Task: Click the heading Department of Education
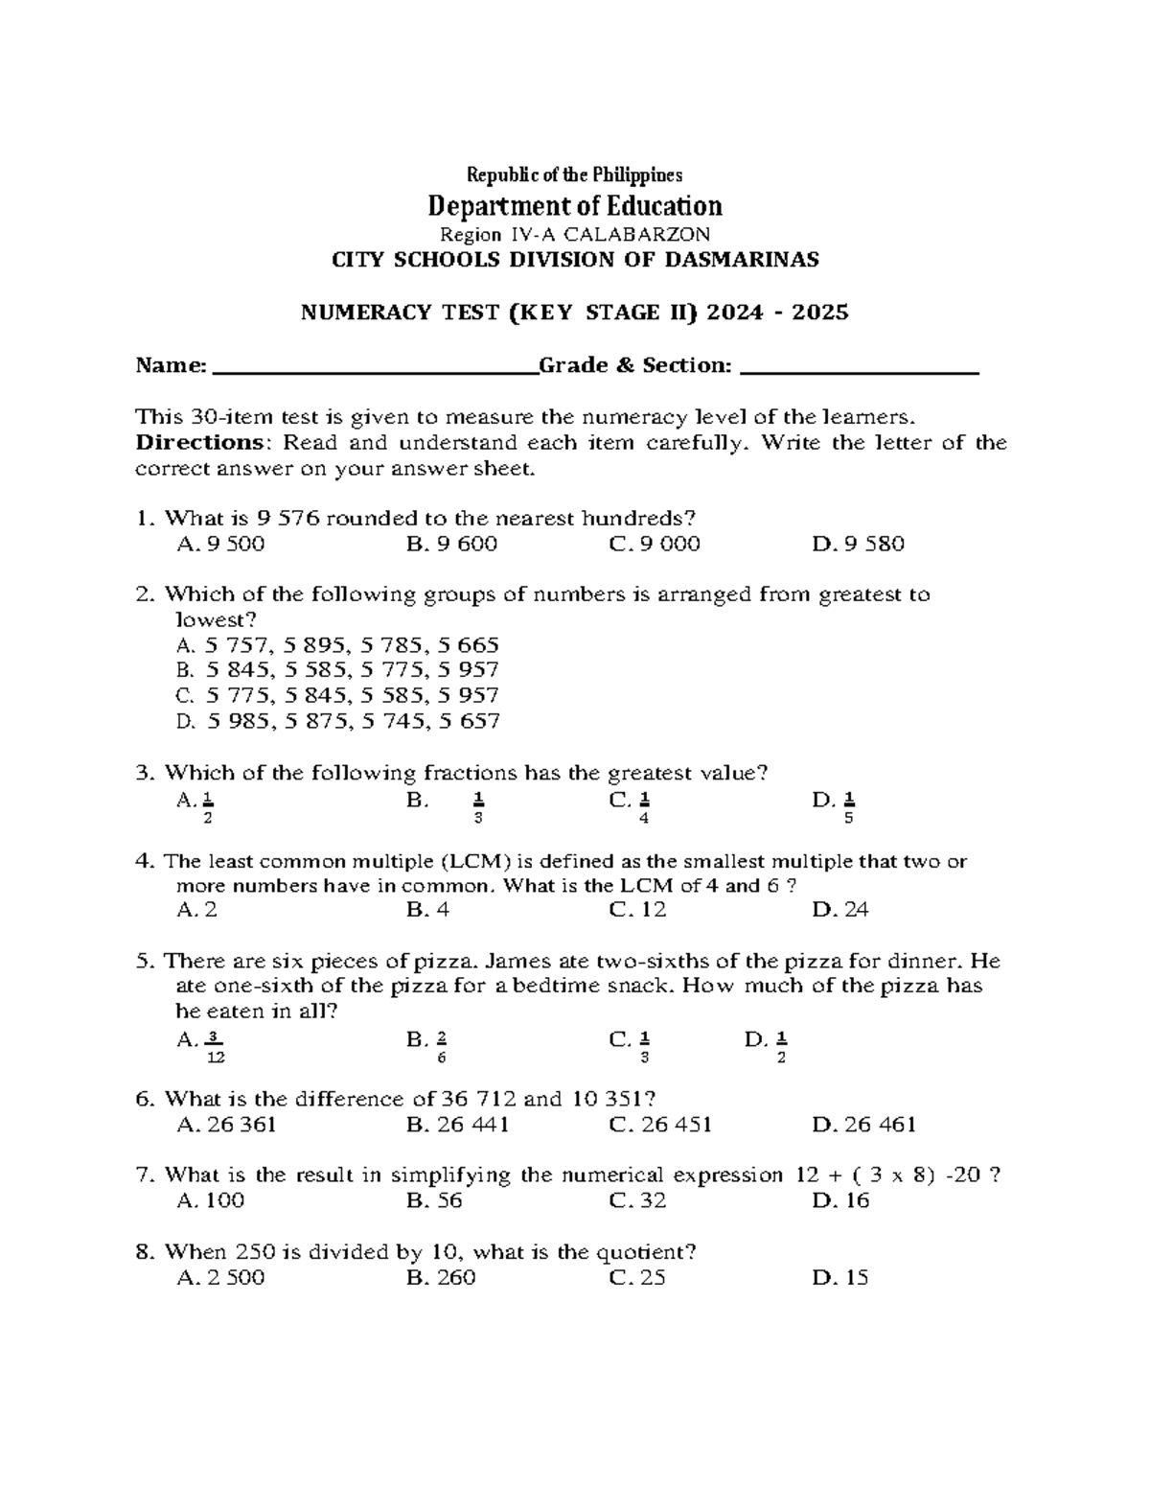coord(574,206)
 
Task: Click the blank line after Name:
coord(374,366)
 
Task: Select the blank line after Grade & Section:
coord(860,366)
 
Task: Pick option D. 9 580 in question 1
coord(858,545)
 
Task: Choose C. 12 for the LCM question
coord(637,910)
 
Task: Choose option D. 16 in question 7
coord(840,1200)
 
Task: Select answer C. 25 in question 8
coord(636,1277)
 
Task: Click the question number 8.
coord(145,1252)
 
